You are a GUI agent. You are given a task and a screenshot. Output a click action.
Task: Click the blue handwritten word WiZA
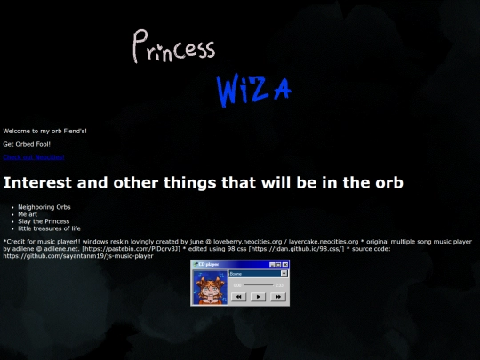pos(253,89)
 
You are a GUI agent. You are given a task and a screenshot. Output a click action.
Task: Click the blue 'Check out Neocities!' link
pos(33,157)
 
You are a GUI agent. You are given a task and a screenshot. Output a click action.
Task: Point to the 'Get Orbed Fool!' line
pos(27,144)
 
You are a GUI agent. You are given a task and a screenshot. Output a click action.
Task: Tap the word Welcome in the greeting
pos(17,131)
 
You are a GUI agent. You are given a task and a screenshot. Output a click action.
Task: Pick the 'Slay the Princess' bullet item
pos(44,221)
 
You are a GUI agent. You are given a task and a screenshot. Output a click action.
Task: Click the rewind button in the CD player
pos(237,297)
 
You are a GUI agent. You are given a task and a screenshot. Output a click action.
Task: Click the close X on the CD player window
pos(285,265)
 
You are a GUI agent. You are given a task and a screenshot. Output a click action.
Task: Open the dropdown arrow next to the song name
pos(284,274)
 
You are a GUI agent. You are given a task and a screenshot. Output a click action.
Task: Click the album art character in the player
pos(210,288)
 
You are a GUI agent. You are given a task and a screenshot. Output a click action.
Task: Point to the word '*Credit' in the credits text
pos(13,241)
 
